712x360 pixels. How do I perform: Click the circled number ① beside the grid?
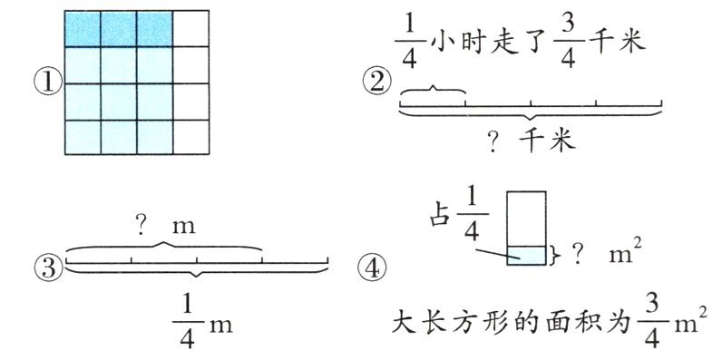coord(48,83)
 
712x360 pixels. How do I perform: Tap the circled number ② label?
coord(376,83)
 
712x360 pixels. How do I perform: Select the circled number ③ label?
coord(48,268)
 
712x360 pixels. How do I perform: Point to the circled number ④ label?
coord(372,268)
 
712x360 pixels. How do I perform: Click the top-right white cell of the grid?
coord(190,29)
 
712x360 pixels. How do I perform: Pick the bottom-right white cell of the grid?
coord(190,137)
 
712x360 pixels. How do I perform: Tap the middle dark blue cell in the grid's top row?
coord(119,29)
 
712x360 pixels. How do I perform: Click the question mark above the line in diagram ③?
coord(141,225)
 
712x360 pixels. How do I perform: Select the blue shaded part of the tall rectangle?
coord(526,256)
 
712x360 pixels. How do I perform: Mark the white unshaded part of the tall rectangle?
coord(526,219)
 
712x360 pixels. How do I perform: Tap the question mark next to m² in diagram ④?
coord(578,256)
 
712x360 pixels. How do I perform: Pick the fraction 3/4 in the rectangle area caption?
coord(651,322)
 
